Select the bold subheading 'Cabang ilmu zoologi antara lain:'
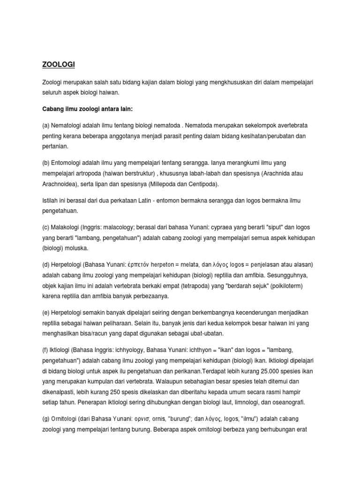(x=88, y=109)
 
